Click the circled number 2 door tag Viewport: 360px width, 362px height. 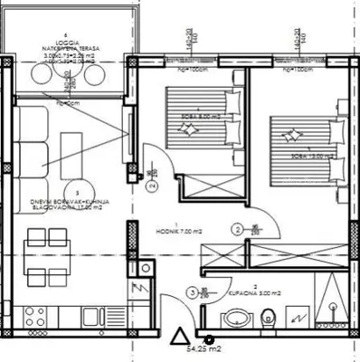pos(237,230)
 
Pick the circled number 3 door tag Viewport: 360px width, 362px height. pos(192,292)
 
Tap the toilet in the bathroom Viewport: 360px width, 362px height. pos(268,319)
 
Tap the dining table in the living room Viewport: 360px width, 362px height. pos(37,256)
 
